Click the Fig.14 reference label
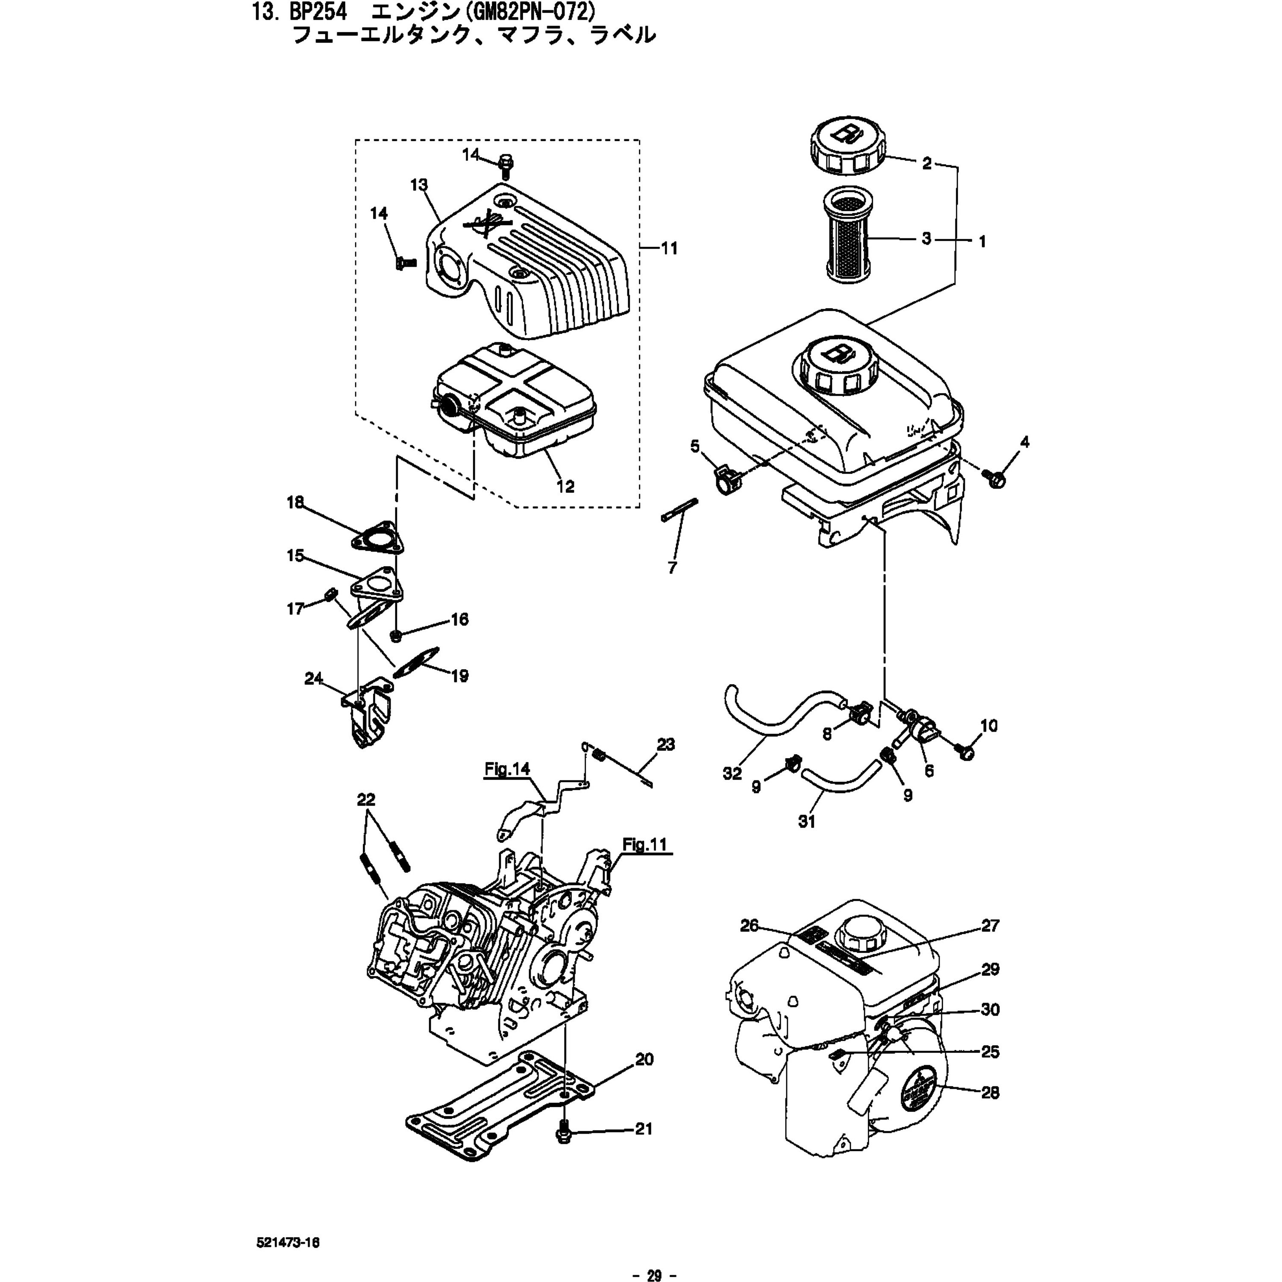click(x=507, y=769)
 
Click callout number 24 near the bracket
click(x=313, y=678)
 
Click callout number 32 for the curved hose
click(x=732, y=774)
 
